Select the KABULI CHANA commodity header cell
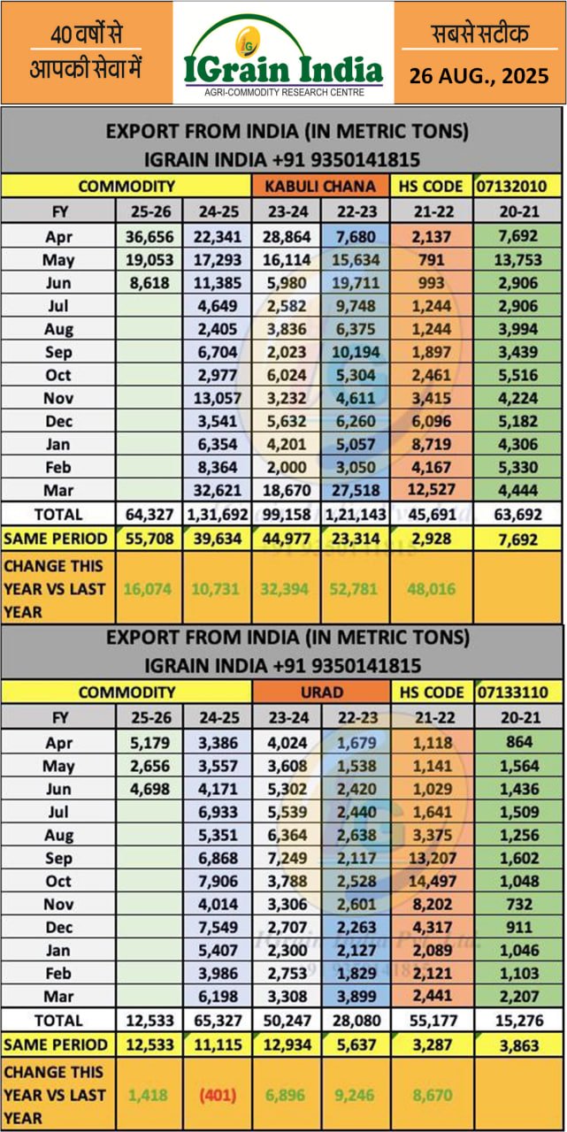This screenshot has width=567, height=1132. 320,186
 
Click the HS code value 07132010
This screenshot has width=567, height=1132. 518,186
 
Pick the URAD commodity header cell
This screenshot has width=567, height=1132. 320,692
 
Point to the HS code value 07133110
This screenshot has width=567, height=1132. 518,692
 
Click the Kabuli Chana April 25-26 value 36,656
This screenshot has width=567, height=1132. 149,237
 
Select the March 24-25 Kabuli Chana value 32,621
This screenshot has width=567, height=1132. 216,490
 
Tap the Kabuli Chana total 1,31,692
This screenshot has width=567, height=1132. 216,514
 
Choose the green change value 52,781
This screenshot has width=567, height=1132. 354,589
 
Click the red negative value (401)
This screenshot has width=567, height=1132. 216,1095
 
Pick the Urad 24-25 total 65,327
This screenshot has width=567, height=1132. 216,1020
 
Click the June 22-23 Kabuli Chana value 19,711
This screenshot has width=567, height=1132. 354,283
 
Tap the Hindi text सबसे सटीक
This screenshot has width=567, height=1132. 479,34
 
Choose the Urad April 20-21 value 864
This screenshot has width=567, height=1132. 518,743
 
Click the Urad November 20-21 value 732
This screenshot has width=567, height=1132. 518,904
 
